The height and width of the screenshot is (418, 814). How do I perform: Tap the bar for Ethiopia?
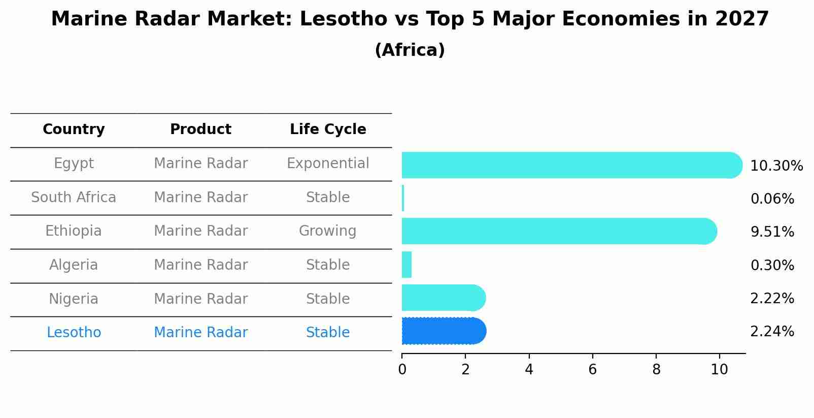(x=558, y=231)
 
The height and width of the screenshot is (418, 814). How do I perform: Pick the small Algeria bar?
(x=406, y=265)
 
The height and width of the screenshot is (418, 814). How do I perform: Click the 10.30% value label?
(x=776, y=166)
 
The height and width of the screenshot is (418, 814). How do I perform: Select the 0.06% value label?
(x=772, y=199)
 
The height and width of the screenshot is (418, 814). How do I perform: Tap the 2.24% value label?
(x=772, y=332)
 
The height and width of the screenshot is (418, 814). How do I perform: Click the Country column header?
(x=74, y=130)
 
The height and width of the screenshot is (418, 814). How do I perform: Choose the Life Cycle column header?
(x=328, y=130)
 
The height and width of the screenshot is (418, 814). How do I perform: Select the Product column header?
(x=200, y=130)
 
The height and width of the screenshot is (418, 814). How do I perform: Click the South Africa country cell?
(x=74, y=198)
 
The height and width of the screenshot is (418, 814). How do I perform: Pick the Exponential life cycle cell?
(x=328, y=164)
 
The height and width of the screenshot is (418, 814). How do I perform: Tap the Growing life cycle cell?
(x=328, y=231)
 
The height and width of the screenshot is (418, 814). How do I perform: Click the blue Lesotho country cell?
(x=74, y=333)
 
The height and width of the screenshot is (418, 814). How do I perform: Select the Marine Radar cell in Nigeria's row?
(x=200, y=299)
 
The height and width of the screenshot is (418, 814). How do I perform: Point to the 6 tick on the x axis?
(x=592, y=370)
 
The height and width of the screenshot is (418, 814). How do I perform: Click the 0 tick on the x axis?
(x=402, y=370)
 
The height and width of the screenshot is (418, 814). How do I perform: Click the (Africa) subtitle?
(x=410, y=50)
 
